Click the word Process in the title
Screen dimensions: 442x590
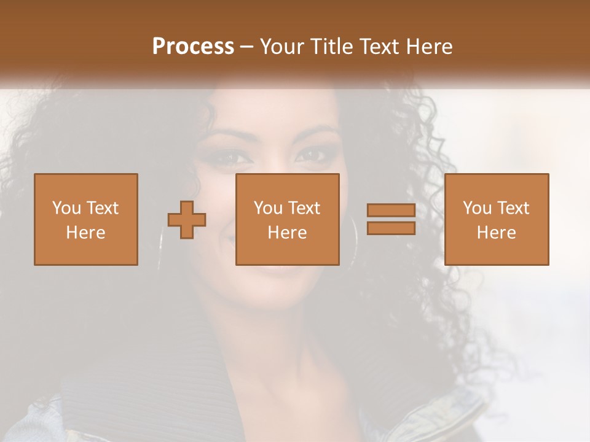click(x=193, y=47)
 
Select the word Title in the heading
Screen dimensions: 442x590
click(x=332, y=47)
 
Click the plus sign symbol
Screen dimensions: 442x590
click(x=187, y=219)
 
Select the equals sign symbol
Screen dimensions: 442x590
click(x=391, y=219)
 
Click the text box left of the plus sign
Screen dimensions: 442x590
click(x=86, y=219)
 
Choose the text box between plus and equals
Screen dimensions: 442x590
click(x=287, y=219)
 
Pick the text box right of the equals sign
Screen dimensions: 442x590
click(x=497, y=219)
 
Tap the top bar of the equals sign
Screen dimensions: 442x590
click(x=391, y=211)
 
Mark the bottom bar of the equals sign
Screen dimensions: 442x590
click(x=391, y=228)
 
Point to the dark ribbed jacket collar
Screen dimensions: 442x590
click(x=154, y=368)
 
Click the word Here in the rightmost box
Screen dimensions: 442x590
click(x=497, y=233)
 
